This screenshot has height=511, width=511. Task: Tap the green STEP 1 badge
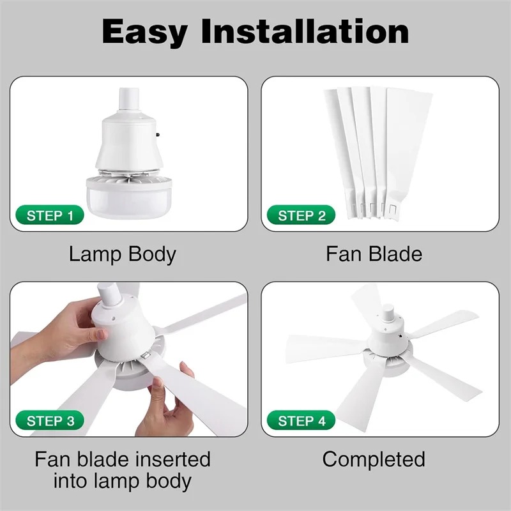(50, 215)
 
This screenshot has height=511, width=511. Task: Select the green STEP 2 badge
(301, 215)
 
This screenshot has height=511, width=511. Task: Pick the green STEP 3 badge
(50, 420)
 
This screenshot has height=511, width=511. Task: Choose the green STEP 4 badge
(301, 420)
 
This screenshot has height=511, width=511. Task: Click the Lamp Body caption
(123, 254)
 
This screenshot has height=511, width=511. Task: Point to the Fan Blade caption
(374, 254)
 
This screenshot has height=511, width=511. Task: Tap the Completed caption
(374, 460)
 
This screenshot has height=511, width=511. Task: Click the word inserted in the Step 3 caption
(172, 459)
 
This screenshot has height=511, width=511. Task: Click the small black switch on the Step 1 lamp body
(158, 134)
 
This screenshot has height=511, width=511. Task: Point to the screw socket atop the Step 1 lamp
(129, 100)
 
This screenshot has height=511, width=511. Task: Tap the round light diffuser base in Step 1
(129, 197)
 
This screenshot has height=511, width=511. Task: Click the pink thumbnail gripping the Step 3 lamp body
(102, 334)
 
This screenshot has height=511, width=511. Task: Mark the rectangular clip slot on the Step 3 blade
(146, 356)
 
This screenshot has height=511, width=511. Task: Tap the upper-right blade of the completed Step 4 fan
(443, 324)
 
